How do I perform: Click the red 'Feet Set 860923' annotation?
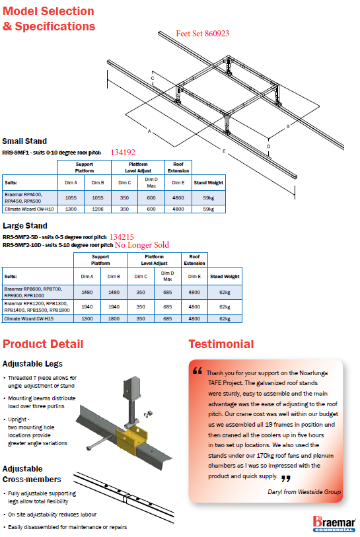coord(202,34)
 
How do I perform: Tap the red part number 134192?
coord(123,153)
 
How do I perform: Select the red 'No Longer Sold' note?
coord(142,245)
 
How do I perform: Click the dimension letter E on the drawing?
coord(224,151)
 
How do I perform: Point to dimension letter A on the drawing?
coord(149,131)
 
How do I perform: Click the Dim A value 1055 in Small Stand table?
coord(71,197)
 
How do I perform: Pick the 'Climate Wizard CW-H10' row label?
coord(30,209)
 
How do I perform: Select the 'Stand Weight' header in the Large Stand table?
coord(225,276)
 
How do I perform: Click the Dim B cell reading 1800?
coord(114,318)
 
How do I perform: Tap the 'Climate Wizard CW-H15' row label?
coord(29,318)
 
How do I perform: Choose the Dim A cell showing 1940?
coord(87,307)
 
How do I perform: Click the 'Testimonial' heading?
coord(221,344)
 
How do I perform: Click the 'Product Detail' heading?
coord(43,344)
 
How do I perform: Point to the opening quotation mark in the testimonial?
coord(198,371)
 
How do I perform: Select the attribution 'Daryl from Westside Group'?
coord(304,492)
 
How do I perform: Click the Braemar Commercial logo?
coord(334,523)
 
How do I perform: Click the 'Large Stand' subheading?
coord(25,226)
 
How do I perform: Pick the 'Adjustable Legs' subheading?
coord(32,364)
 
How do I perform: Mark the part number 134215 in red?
coord(122,237)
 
